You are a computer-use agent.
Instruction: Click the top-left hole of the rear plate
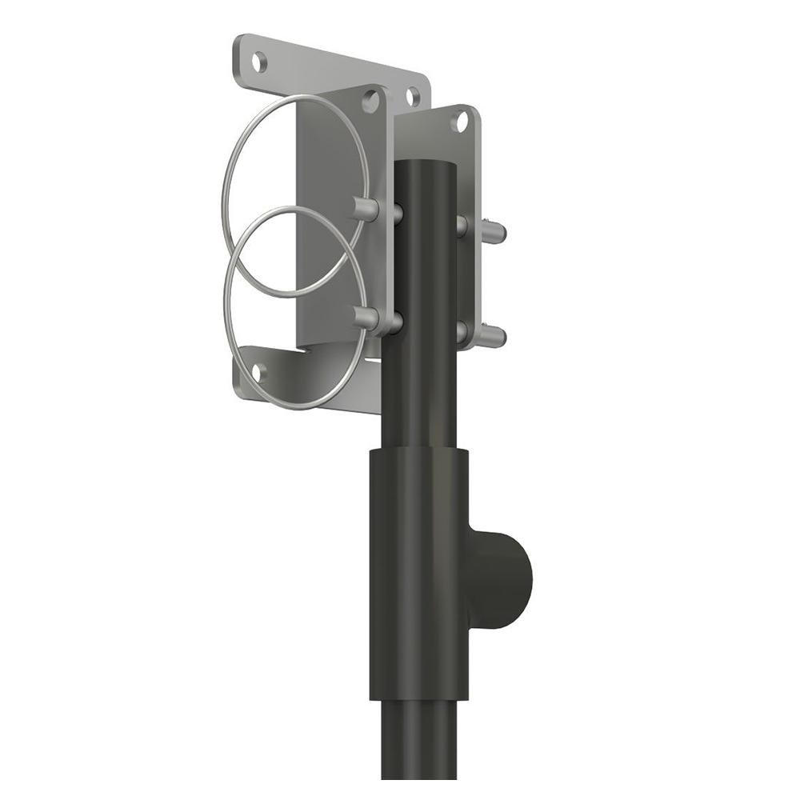click(x=258, y=60)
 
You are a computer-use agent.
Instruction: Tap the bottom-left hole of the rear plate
click(x=258, y=370)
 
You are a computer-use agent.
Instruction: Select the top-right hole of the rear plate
click(x=413, y=97)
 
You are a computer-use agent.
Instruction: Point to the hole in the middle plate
click(x=370, y=101)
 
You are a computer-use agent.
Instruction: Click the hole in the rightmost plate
click(x=459, y=122)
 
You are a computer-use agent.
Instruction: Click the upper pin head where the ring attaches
click(x=365, y=209)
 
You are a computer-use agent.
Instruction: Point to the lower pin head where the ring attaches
click(x=365, y=318)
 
